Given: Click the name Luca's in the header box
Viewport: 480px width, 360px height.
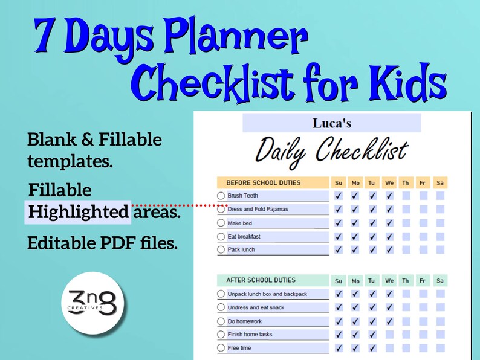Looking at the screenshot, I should click(331, 123).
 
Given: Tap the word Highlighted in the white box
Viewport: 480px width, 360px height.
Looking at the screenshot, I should click(77, 212).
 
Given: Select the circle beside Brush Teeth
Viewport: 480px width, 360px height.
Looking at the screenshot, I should click(221, 196).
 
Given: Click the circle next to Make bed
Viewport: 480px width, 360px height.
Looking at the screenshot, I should click(221, 223).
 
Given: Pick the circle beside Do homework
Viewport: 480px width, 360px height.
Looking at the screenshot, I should click(221, 321).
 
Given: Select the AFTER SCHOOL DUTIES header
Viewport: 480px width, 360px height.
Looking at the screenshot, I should click(261, 280).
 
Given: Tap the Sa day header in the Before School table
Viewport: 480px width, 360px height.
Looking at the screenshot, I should click(440, 183).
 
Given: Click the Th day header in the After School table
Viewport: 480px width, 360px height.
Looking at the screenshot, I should click(406, 281).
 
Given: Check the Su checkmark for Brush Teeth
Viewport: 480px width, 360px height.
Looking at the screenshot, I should click(339, 196).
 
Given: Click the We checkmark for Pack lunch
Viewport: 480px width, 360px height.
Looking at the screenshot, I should click(389, 249).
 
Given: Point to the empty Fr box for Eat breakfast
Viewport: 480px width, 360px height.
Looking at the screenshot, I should click(423, 236).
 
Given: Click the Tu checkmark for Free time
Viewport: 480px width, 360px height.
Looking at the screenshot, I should click(372, 348).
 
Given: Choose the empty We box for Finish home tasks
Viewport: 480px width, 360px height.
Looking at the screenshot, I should click(389, 335).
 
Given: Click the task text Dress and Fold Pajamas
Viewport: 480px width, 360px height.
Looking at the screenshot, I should click(258, 209).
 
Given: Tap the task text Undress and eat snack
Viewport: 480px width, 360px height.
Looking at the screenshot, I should click(255, 307).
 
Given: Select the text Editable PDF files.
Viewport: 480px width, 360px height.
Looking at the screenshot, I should click(102, 243).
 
